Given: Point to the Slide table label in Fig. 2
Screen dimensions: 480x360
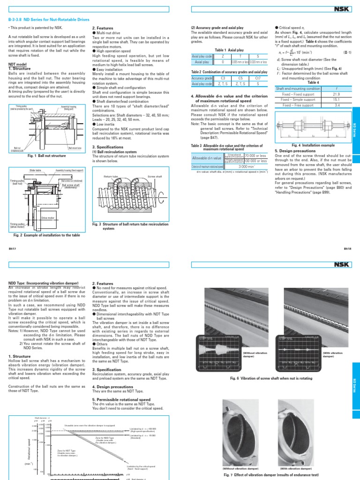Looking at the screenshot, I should [35, 171].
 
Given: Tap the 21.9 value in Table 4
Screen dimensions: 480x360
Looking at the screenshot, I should [335, 94].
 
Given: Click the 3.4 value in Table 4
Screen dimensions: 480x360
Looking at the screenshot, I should [335, 105].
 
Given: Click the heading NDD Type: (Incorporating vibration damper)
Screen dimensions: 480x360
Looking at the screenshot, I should [41, 283].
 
